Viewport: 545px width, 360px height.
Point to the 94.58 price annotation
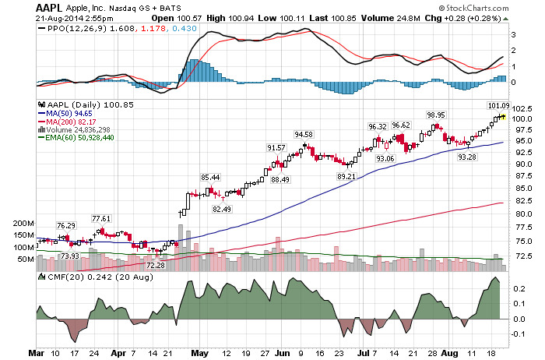(303, 135)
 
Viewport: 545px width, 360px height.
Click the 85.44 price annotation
(210, 177)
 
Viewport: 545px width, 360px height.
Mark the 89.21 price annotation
(346, 177)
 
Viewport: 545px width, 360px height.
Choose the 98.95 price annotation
(435, 115)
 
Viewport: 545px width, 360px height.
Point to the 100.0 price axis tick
(523, 119)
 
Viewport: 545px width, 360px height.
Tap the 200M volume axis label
(25, 223)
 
